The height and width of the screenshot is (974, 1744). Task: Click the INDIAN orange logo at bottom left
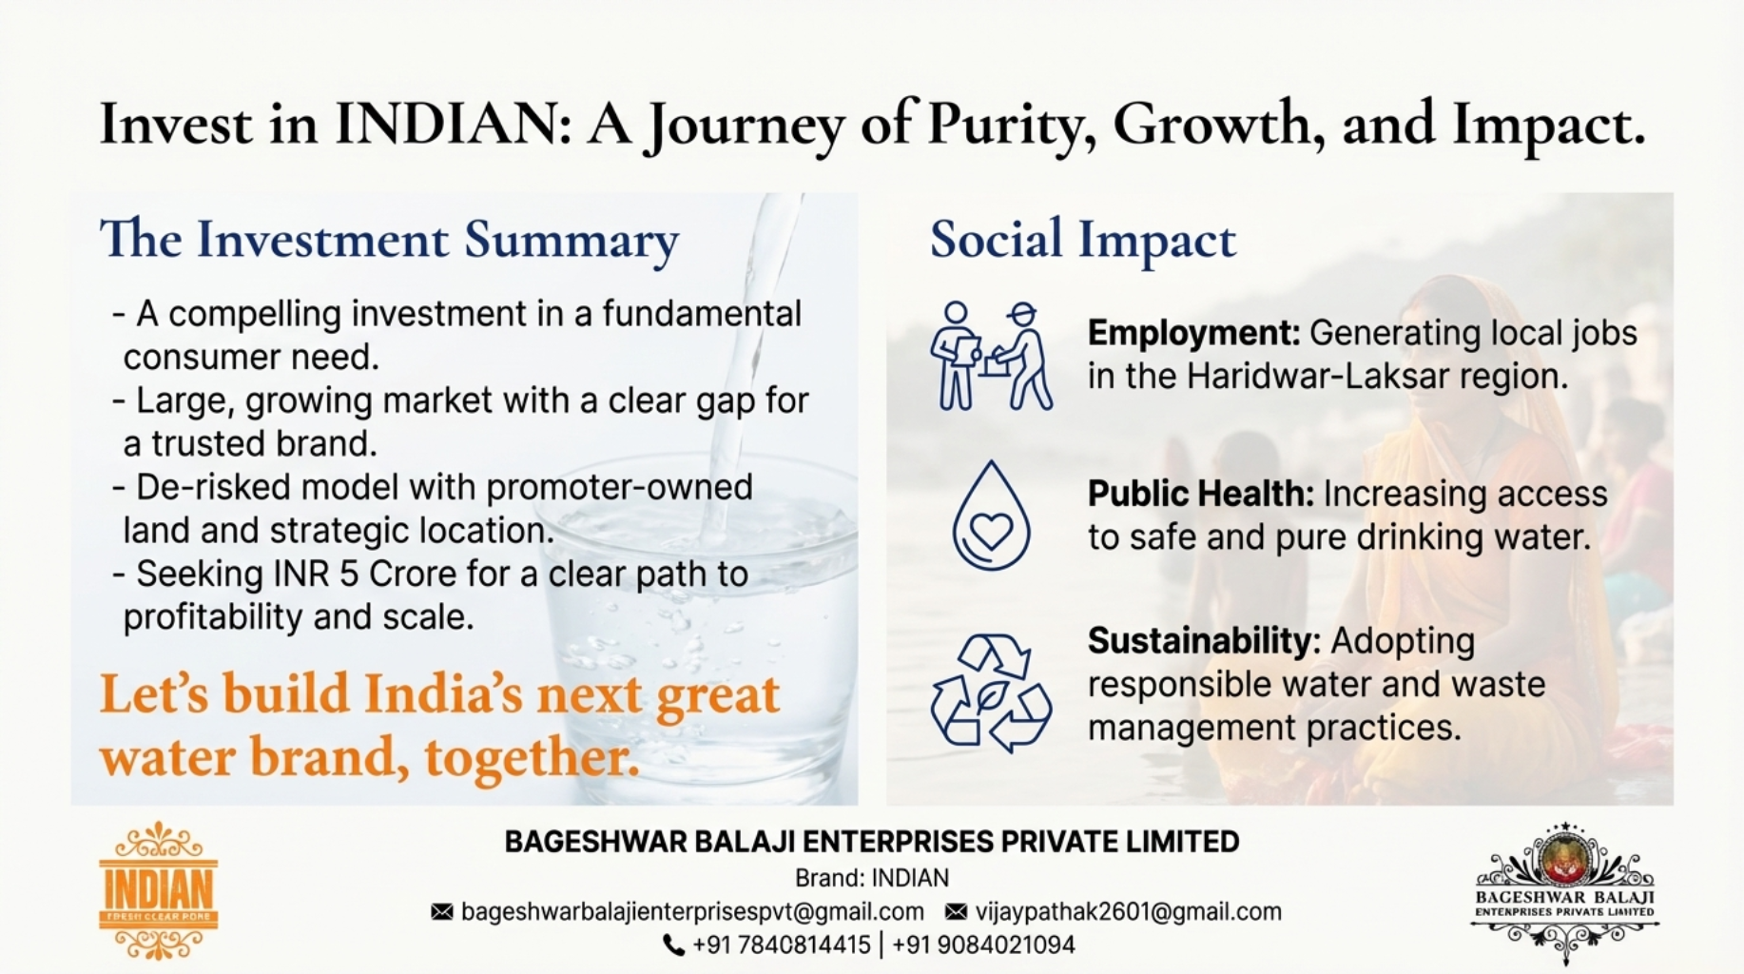[x=158, y=890]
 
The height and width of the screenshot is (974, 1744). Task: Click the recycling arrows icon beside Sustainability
[x=991, y=692]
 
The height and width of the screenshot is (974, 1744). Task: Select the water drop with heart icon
[x=991, y=516]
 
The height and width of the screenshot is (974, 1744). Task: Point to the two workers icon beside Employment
[x=991, y=356]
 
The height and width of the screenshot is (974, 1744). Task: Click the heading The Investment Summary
[x=389, y=240]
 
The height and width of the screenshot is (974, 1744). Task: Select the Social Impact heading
[x=1083, y=240]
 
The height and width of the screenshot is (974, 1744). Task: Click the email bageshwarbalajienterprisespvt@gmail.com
[x=692, y=912]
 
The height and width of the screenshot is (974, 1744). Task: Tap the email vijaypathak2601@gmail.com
[x=1128, y=912]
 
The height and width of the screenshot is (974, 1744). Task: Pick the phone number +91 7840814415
[x=781, y=945]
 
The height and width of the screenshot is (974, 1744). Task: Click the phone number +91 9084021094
[x=983, y=945]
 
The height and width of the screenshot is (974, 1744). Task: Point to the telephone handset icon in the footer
[x=673, y=945]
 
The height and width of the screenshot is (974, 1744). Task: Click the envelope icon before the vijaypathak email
[x=956, y=912]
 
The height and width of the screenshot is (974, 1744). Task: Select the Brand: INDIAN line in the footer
[x=872, y=878]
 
